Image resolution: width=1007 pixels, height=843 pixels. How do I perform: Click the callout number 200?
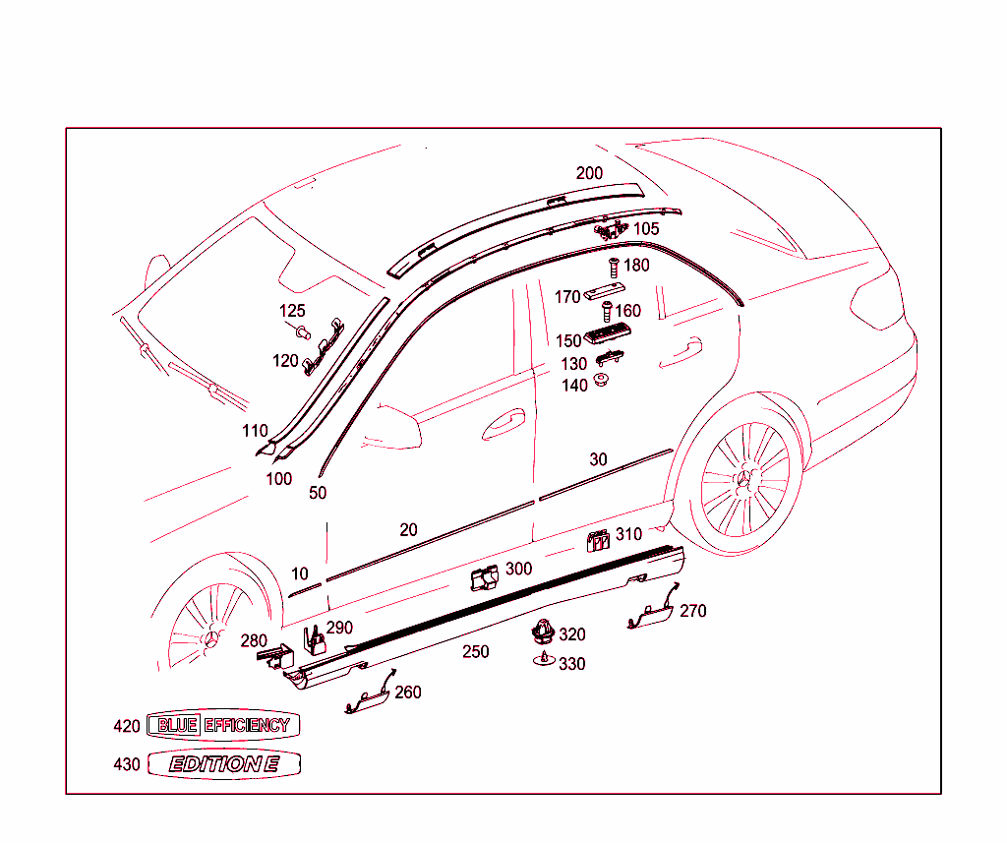coord(589,173)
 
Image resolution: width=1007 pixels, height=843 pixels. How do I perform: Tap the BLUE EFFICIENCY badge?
coord(222,726)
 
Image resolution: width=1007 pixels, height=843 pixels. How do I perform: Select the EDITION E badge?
coord(224,764)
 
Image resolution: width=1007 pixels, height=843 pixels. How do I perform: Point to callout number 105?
coord(646,229)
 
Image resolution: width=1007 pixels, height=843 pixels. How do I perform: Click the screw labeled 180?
coord(614,266)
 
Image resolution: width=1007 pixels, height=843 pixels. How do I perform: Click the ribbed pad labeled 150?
coord(606,336)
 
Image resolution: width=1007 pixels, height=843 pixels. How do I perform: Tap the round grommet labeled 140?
coord(601,381)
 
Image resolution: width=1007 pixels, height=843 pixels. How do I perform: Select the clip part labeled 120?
coord(324,345)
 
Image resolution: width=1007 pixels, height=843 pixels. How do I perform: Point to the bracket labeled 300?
coord(484,579)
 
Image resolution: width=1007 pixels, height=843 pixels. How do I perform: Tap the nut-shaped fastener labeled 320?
coord(543,632)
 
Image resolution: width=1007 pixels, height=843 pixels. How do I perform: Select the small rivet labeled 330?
coord(543,660)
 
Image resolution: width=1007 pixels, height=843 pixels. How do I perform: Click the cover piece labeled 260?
coord(368,697)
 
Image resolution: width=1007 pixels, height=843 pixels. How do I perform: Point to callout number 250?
coord(476,652)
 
